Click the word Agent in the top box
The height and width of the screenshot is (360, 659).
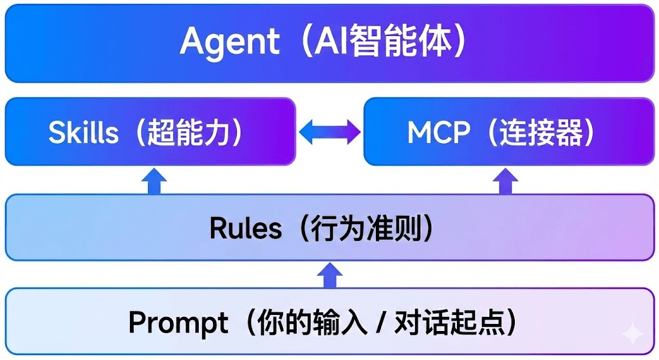(230, 43)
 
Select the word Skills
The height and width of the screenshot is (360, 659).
(84, 133)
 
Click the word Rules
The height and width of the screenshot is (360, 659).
(245, 229)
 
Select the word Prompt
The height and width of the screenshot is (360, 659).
(178, 322)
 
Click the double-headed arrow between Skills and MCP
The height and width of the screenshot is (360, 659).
(330, 133)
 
